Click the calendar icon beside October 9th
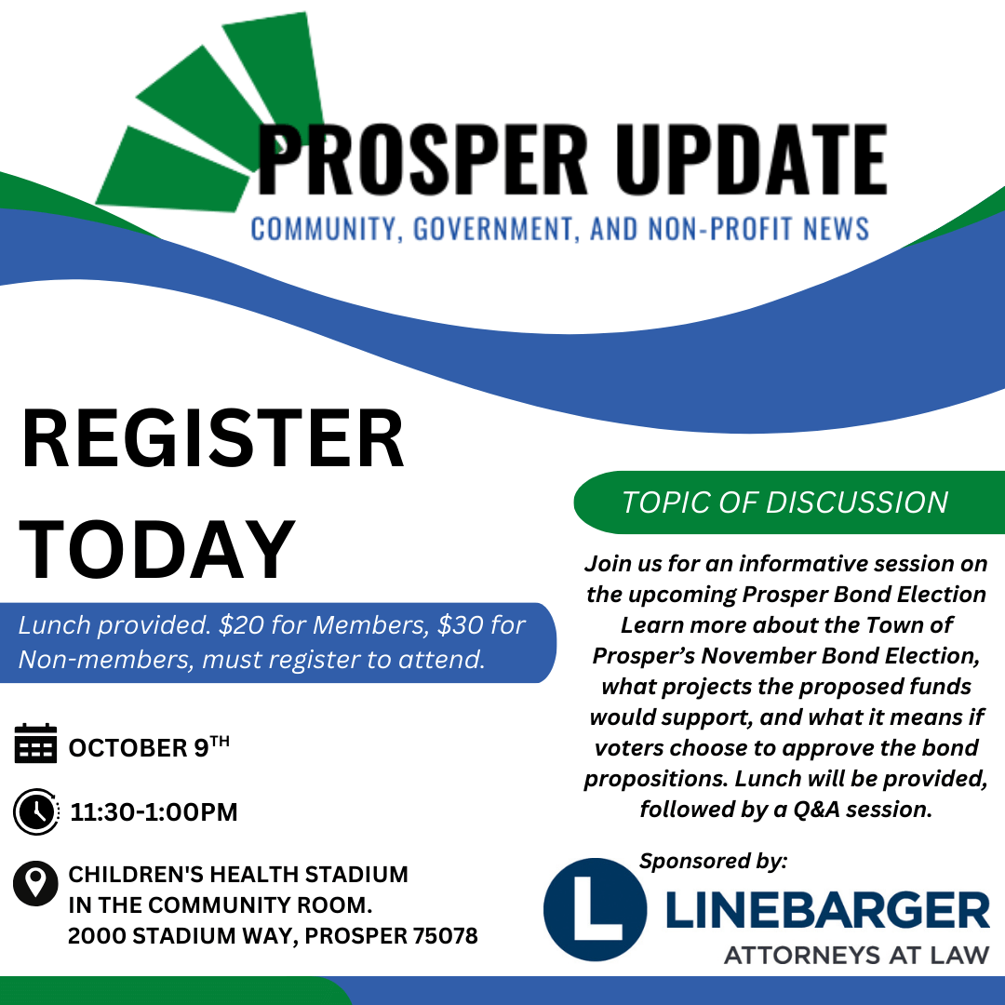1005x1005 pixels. (x=35, y=744)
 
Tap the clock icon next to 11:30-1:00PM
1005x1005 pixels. (x=36, y=811)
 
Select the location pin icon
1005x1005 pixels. (x=35, y=882)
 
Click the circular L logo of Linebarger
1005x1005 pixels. (x=595, y=909)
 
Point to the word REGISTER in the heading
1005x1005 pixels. (x=213, y=439)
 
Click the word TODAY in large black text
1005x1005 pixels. (x=157, y=550)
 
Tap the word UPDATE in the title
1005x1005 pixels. (x=752, y=159)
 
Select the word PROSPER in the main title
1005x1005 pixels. (x=422, y=159)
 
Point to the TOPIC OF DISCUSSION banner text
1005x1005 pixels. (x=785, y=502)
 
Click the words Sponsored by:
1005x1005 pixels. (x=714, y=861)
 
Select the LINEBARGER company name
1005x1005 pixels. (x=828, y=910)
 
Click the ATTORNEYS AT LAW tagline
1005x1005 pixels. (x=857, y=956)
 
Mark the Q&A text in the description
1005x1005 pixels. (x=817, y=810)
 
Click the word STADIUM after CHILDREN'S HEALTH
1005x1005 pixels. (x=355, y=874)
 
